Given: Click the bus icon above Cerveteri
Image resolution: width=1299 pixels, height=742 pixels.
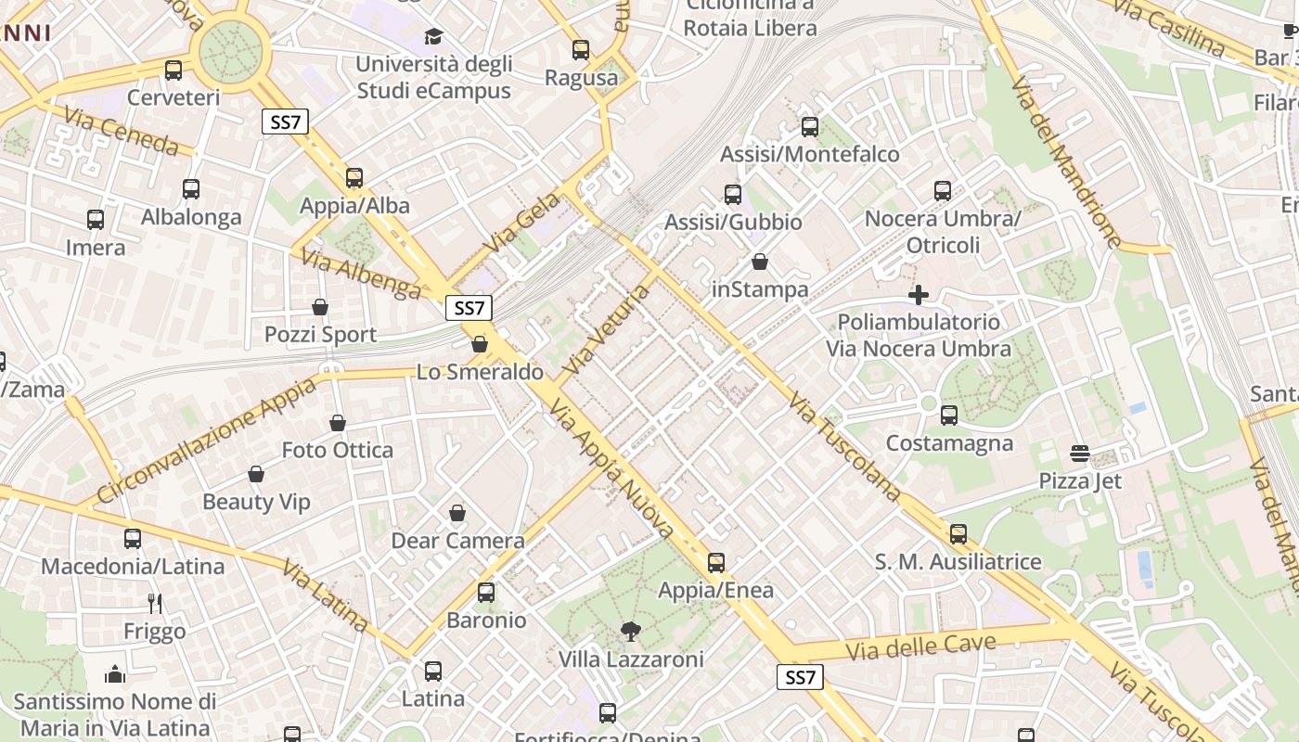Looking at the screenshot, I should click(174, 70).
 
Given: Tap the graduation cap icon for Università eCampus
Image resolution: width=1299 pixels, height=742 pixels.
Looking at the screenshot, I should click(433, 36).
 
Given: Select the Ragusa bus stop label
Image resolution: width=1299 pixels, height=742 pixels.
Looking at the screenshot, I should click(581, 78).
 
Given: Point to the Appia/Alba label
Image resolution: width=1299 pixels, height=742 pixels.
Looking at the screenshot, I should click(354, 205).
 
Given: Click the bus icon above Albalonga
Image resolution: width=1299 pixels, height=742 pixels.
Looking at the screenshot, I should click(191, 189).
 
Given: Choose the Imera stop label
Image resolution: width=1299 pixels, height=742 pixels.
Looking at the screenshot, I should click(96, 248).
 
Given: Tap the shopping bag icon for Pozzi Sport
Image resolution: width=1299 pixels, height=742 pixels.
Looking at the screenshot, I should click(320, 307).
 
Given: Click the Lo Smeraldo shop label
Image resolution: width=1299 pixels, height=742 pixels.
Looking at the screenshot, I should click(480, 372).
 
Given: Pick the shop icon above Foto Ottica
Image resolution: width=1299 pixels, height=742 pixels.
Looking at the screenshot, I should click(338, 423).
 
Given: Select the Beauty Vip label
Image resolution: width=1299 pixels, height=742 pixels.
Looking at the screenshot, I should click(256, 502).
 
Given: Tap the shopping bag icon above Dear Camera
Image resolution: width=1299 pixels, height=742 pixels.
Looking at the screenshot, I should click(457, 513).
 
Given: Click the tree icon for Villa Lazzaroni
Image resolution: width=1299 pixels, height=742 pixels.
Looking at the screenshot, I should click(631, 633).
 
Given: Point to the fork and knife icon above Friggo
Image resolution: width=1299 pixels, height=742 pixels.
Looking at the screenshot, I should click(155, 604).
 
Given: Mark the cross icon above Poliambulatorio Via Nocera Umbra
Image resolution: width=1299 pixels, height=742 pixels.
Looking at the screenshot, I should click(919, 295).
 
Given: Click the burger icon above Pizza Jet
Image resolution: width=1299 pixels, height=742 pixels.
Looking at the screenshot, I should click(1080, 454).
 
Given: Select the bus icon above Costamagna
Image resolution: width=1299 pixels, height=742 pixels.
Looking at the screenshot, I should click(949, 416).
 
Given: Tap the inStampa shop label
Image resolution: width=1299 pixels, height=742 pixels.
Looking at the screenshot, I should click(760, 289).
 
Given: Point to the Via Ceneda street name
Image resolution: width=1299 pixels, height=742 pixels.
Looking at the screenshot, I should click(121, 130).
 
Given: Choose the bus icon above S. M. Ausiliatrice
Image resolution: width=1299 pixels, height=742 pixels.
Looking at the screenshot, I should click(958, 534).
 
